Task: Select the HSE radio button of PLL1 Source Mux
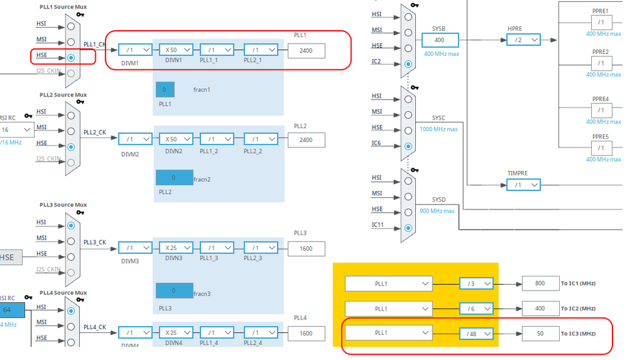pos(71,57)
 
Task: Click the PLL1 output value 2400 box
pos(306,50)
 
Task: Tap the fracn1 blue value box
pos(165,89)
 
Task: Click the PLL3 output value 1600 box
pos(306,248)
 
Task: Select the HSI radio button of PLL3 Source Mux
pos(71,226)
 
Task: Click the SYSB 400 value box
pos(440,40)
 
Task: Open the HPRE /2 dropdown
pos(523,40)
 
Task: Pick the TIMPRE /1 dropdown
pos(523,185)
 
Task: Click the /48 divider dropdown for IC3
pos(476,333)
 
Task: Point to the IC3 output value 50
pos(540,333)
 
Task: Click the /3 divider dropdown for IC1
pos(476,283)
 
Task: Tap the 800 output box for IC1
pos(540,283)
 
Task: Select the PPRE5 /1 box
pos(600,148)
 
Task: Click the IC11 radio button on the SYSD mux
pos(409,227)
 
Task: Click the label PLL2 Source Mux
pos(62,95)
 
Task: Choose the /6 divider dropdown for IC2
pos(476,309)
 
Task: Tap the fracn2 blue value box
pos(174,177)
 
